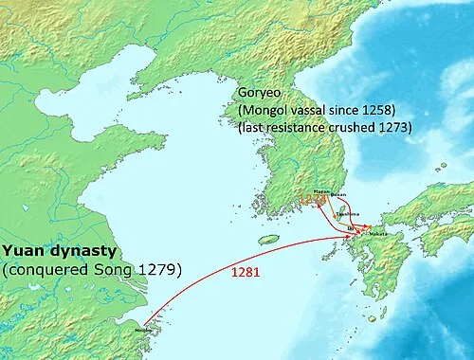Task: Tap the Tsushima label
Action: [350, 213]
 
